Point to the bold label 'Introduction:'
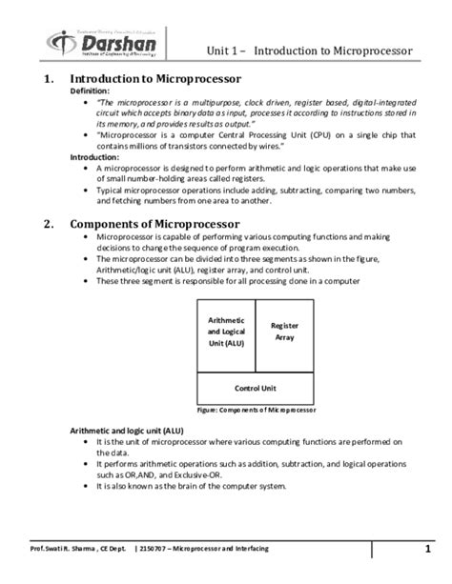point(96,157)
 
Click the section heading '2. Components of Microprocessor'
point(153,225)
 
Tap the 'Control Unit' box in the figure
point(255,388)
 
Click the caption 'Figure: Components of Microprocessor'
point(255,411)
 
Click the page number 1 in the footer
point(429,550)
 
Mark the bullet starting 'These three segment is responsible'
point(227,281)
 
